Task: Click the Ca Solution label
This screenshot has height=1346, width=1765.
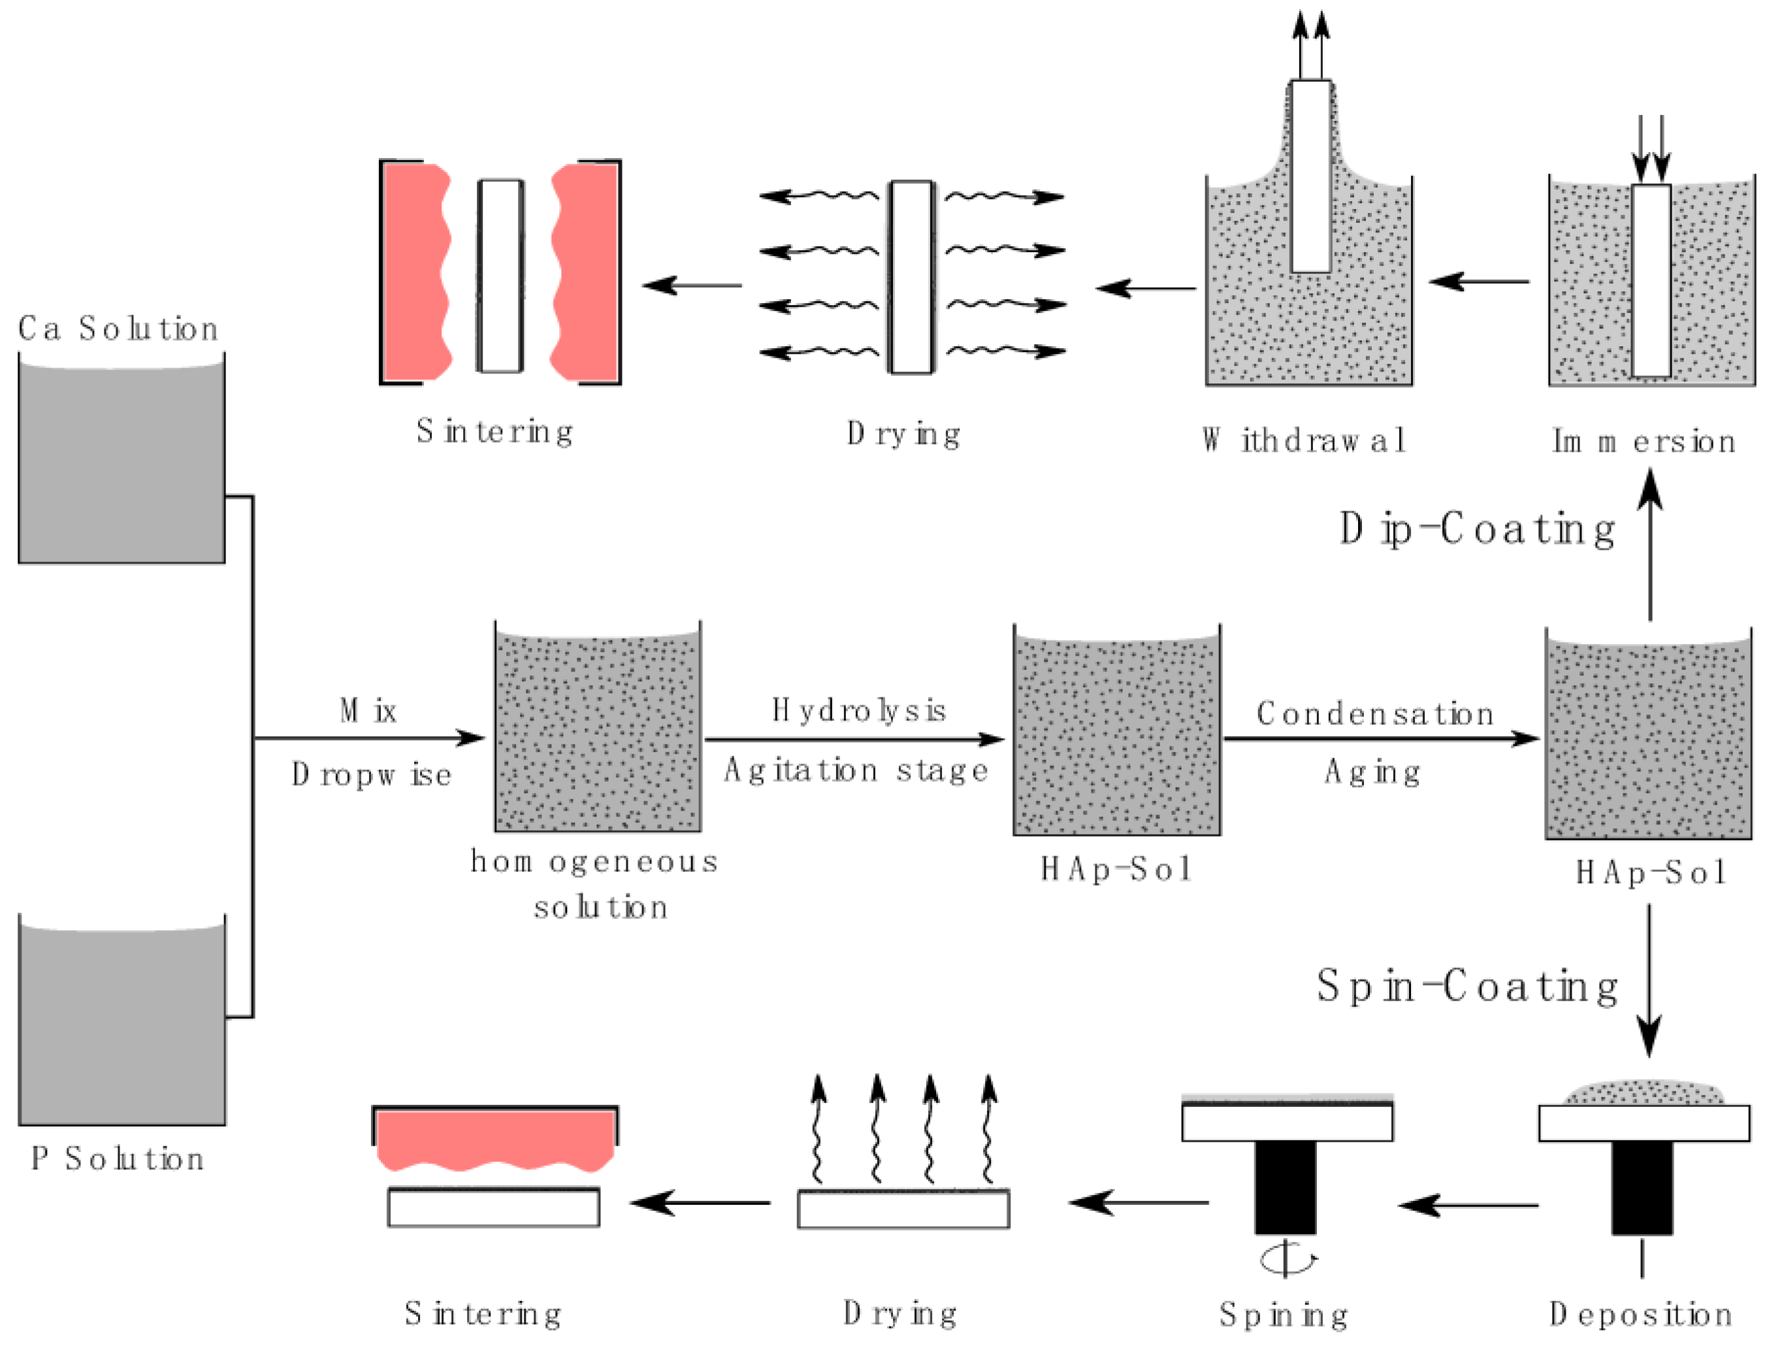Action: [x=118, y=328]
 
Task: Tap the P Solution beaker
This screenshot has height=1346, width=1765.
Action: [x=121, y=1025]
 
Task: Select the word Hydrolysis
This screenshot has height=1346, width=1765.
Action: [x=858, y=711]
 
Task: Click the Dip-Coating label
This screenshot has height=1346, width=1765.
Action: [x=1476, y=530]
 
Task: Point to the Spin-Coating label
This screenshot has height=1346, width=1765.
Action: [x=1466, y=986]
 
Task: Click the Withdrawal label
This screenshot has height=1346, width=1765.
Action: [x=1304, y=440]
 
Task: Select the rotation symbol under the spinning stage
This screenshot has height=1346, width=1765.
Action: [x=1287, y=1258]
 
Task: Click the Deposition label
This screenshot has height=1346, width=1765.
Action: [x=1640, y=1314]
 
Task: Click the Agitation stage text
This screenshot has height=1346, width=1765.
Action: [x=855, y=771]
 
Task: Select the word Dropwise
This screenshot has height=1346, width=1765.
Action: [x=372, y=775]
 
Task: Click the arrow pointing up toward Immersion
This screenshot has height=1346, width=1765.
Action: [x=1649, y=545]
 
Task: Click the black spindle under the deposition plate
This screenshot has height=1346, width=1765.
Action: [x=1642, y=1187]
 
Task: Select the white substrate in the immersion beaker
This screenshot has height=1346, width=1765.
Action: [x=1651, y=280]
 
